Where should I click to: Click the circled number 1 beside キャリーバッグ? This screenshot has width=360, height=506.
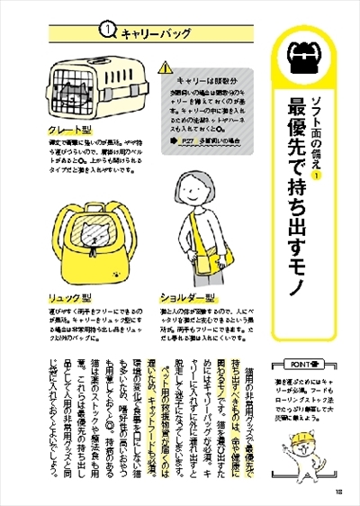(x=105, y=31)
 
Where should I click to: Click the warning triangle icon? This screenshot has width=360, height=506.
(x=165, y=68)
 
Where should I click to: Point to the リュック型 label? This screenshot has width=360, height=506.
(x=72, y=296)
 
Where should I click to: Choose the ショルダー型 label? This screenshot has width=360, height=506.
(x=188, y=296)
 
